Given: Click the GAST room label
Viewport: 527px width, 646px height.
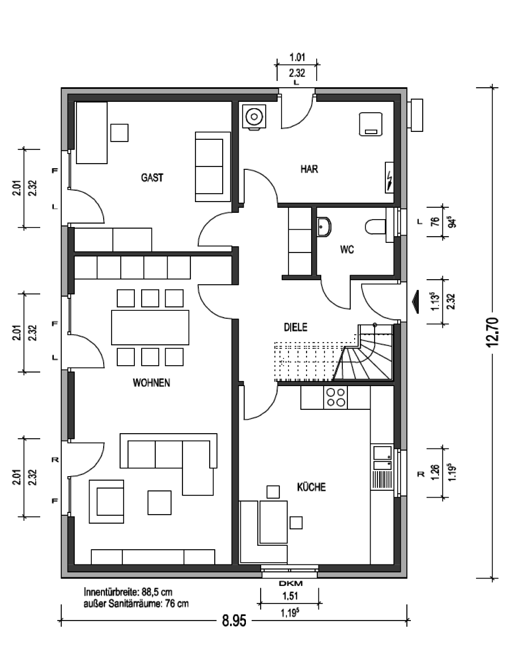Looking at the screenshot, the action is click(x=152, y=178).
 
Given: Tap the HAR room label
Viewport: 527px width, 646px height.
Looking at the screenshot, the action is click(x=309, y=169).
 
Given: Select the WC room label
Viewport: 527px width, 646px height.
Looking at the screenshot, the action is click(x=347, y=250).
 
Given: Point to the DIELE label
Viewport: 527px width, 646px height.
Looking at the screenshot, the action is click(x=296, y=327).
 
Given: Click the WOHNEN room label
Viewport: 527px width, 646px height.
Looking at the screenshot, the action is click(x=151, y=383).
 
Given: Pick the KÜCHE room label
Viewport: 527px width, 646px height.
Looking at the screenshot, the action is click(x=311, y=487).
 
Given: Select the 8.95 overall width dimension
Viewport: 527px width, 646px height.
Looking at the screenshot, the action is click(x=234, y=621).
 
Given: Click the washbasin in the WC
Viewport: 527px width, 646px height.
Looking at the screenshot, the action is click(x=325, y=227).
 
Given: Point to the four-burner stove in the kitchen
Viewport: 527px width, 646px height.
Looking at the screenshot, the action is click(x=335, y=397).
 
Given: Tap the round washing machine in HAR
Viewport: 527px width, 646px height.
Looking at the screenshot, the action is click(x=254, y=117).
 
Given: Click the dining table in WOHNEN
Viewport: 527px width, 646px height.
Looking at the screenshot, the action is click(x=150, y=328).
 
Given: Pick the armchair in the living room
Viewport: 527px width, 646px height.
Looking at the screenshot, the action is click(x=107, y=502).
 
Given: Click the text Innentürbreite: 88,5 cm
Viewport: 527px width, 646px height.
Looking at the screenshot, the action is click(x=128, y=592).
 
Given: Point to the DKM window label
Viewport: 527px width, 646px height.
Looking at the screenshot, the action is click(x=291, y=583).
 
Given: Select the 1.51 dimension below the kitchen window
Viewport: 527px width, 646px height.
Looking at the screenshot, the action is click(x=290, y=596).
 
